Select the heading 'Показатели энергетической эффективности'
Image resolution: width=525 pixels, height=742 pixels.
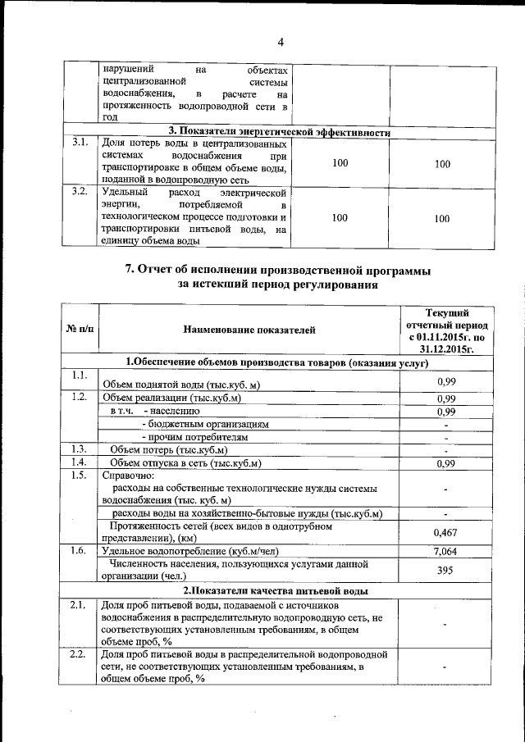[x=279, y=131]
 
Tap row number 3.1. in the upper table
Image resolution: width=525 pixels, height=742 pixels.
[x=80, y=143]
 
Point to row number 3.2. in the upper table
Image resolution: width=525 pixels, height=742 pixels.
[x=80, y=192]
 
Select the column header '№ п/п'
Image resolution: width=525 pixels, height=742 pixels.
[x=79, y=330]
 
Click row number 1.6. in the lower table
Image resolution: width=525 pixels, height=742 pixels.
[x=80, y=550]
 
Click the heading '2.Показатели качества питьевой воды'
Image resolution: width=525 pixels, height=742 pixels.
[x=274, y=590]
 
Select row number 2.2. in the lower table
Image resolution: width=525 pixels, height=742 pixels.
[x=79, y=654]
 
